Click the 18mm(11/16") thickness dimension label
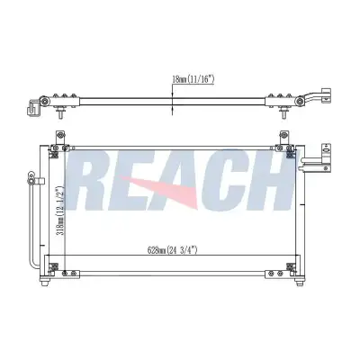pyautogui.click(x=193, y=79)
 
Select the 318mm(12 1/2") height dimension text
pyautogui.click(x=60, y=211)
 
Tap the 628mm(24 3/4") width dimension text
pyautogui.click(x=172, y=250)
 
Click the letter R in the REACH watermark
pyautogui.click(x=89, y=181)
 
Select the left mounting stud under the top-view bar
pyautogui.click(x=60, y=113)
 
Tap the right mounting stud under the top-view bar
pyautogui.click(x=283, y=113)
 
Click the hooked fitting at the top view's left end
pyautogui.click(x=32, y=107)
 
